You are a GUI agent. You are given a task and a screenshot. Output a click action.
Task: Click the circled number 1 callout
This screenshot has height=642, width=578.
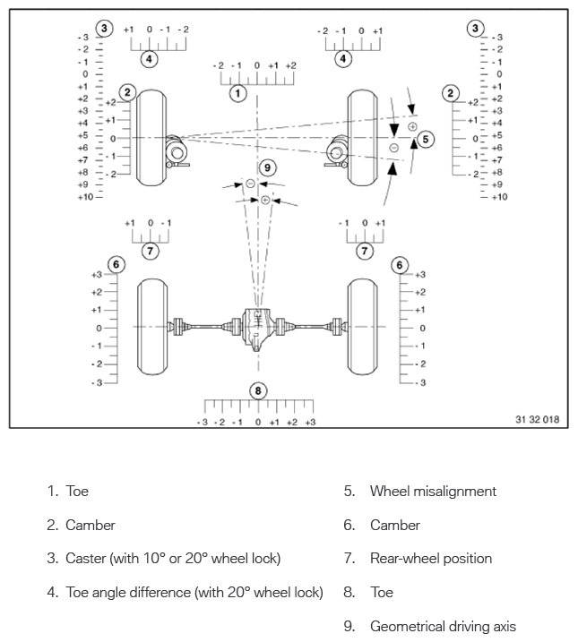pyautogui.click(x=237, y=93)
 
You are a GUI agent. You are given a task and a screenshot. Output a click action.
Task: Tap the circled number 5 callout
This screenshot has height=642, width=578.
pyautogui.click(x=426, y=140)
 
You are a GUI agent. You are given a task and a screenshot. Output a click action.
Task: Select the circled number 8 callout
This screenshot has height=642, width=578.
pyautogui.click(x=258, y=391)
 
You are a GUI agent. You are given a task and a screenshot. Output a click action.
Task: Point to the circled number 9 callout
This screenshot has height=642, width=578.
pyautogui.click(x=268, y=167)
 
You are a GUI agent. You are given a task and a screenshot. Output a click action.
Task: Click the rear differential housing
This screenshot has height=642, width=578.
pyautogui.click(x=257, y=329)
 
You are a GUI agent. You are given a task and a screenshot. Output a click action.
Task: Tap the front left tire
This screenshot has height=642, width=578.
pyautogui.click(x=151, y=138)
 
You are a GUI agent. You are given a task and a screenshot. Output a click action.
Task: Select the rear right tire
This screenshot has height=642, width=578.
pyautogui.click(x=363, y=327)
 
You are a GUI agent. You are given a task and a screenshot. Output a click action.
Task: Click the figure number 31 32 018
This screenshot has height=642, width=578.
pyautogui.click(x=537, y=419)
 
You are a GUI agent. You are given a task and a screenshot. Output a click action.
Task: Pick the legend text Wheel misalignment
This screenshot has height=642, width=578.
pyautogui.click(x=433, y=491)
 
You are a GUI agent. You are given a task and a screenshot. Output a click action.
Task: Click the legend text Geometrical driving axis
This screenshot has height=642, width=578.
pyautogui.click(x=443, y=627)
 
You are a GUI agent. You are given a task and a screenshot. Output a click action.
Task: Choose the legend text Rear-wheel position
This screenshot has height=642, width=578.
pyautogui.click(x=431, y=559)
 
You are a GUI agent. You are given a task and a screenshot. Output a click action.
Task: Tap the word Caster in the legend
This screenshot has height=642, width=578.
pyautogui.click(x=86, y=559)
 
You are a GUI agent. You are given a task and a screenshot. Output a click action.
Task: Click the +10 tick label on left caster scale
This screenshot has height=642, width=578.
pyautogui.click(x=85, y=197)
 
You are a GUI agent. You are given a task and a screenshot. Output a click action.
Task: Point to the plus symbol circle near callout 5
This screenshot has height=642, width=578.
pyautogui.click(x=412, y=126)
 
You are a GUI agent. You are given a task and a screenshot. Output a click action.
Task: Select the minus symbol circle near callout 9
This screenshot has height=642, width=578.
pyautogui.click(x=250, y=184)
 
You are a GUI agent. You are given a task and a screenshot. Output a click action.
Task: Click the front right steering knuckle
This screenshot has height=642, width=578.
pyautogui.click(x=337, y=152)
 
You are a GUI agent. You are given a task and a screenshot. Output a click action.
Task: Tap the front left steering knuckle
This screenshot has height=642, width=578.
pyautogui.click(x=177, y=152)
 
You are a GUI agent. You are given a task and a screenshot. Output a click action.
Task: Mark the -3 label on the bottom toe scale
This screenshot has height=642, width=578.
pyautogui.click(x=203, y=422)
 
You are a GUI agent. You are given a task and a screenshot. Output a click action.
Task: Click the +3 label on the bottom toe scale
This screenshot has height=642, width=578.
pyautogui.click(x=310, y=422)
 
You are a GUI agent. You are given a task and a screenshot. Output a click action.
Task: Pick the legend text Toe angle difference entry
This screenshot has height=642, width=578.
pyautogui.click(x=194, y=593)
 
